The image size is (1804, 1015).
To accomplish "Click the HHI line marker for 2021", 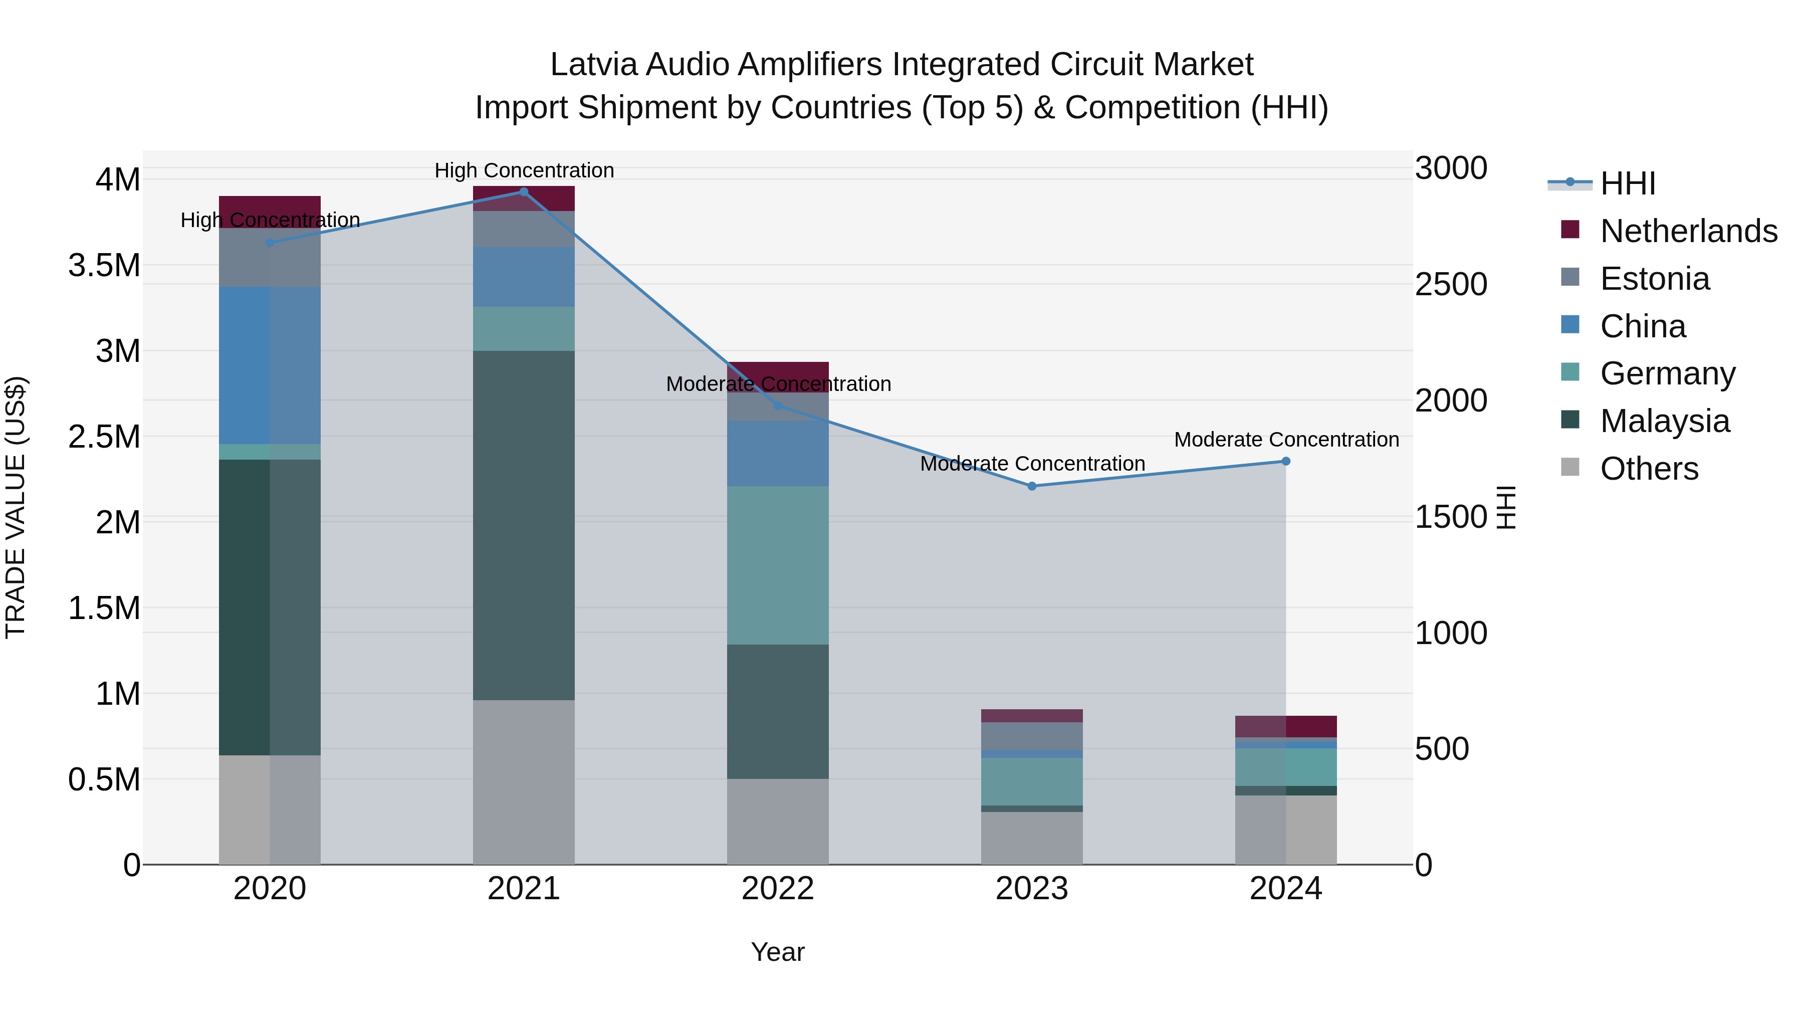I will (523, 192).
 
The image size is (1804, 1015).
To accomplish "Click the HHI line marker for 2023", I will (1032, 486).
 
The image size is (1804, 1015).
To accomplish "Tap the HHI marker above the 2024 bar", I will (1286, 461).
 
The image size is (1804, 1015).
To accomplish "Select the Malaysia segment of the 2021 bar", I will (523, 525).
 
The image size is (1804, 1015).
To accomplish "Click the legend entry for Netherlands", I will (1688, 231).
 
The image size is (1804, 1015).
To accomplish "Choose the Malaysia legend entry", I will (1665, 421).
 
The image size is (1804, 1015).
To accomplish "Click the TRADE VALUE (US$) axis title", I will (16, 507).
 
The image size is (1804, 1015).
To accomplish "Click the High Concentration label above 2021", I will (524, 170).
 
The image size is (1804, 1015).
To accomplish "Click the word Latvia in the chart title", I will (594, 65).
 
